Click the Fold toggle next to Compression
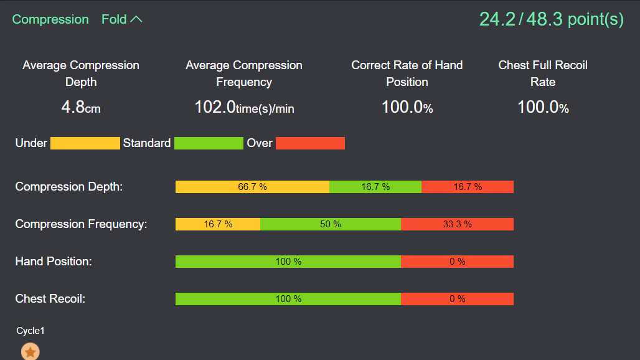tap(122, 19)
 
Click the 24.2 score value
tap(497, 19)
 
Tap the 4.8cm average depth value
tap(81, 107)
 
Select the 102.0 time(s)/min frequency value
tap(244, 107)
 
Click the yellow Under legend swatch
tap(85, 143)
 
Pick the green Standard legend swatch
tap(209, 143)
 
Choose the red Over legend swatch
tap(310, 143)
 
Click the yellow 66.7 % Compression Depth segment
tap(252, 187)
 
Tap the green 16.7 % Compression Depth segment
tap(375, 187)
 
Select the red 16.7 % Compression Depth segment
tap(468, 187)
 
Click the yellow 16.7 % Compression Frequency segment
tap(218, 224)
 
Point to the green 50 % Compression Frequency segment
tap(331, 224)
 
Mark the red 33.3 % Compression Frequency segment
tap(457, 224)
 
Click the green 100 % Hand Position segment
tap(288, 262)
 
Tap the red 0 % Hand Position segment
tap(457, 262)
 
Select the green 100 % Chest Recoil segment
tap(288, 299)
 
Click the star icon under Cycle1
tap(31, 352)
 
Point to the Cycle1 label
tap(31, 331)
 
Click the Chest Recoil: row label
tap(50, 299)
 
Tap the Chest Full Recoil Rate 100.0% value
tap(543, 107)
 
